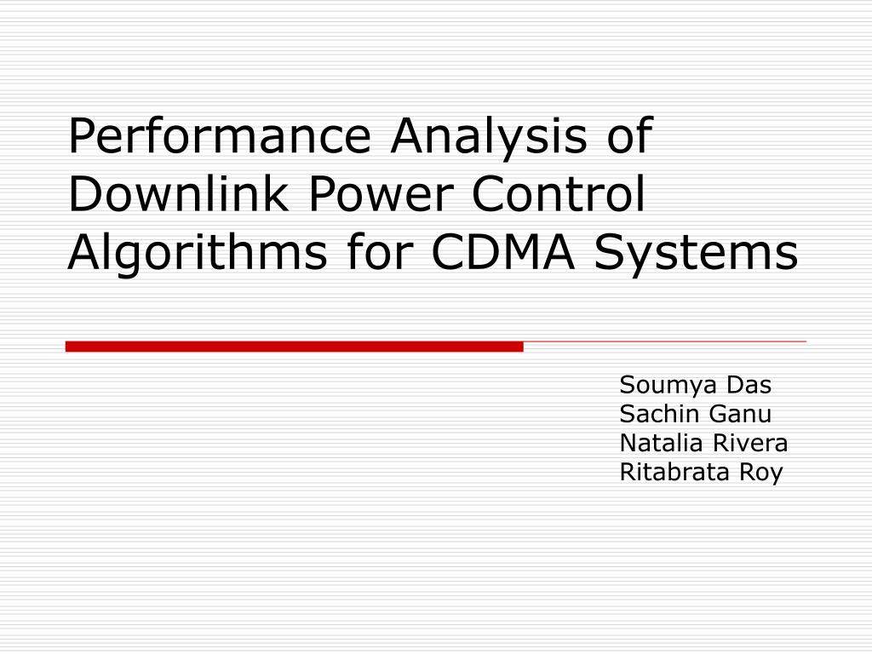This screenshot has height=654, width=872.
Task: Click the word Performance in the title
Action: coord(221,136)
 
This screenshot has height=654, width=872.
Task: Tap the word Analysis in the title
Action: coord(489,136)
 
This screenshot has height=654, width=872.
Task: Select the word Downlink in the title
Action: coord(180,194)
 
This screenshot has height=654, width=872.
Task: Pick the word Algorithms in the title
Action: coord(198,253)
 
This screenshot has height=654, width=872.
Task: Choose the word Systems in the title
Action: coord(696,253)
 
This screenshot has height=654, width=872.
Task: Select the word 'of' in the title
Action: coord(628,136)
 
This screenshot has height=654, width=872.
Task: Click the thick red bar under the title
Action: coord(294,346)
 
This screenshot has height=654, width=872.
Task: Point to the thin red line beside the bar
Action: coord(664,341)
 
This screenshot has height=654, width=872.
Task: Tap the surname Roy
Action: coord(760,473)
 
